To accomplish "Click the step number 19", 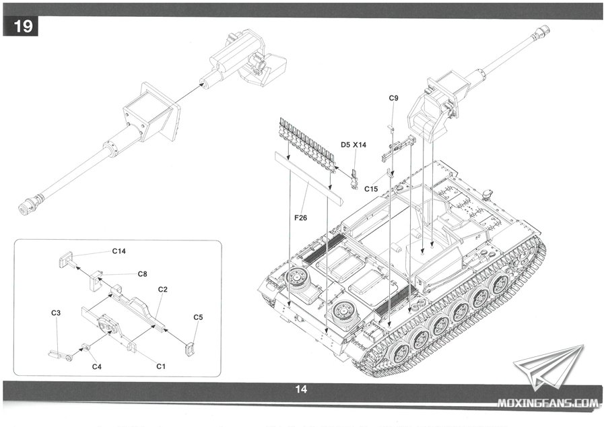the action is pos(23,26).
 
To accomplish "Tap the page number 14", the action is pos(301,389).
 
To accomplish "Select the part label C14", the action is pos(119,251).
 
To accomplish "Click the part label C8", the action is pos(142,274).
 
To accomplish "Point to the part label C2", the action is pos(163,290).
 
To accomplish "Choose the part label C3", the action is pos(56,313).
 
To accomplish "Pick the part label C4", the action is pos(96,366).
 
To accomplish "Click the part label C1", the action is pos(161,366).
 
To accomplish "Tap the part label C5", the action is pos(198,317).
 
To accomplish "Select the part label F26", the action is pos(301,218).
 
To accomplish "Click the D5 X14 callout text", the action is pos(353,145).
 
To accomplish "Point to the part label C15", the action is pos(370,189).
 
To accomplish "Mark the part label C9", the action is pos(393,98).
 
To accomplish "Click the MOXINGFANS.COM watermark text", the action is pos(547,403).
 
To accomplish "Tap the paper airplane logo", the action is pos(549,367).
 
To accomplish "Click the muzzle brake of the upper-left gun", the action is pos(30,205).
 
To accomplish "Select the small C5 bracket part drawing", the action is pos(190,349).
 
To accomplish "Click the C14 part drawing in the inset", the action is pos(66,259).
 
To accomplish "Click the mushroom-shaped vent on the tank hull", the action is pos(488,193).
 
